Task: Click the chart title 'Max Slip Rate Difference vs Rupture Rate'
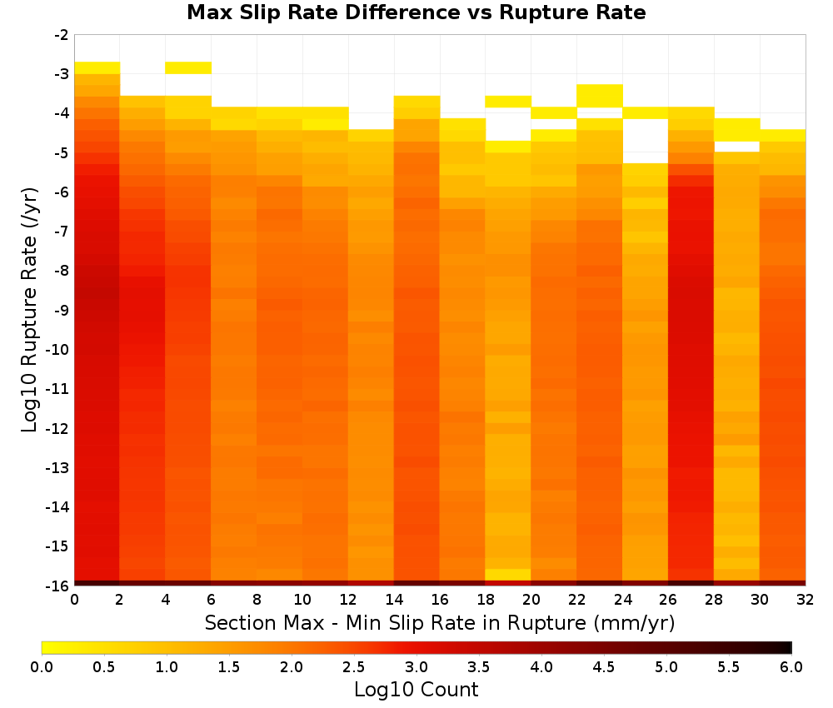pos(416,12)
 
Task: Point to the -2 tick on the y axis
pos(62,35)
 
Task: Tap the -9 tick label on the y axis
pos(62,310)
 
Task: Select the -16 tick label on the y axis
pos(58,586)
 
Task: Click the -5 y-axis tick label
pos(62,153)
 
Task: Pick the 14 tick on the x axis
pos(394,600)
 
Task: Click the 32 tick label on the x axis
pos(805,600)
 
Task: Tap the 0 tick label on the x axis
pos(74,600)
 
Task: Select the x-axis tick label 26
pos(668,600)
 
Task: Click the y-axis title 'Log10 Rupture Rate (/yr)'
pos(29,310)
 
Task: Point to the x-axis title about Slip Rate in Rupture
pos(440,622)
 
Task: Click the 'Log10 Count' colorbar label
pos(416,690)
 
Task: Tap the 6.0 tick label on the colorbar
pos(791,667)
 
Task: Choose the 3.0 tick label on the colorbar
pos(416,667)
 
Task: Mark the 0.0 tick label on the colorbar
pos(42,667)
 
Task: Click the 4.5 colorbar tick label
pos(603,667)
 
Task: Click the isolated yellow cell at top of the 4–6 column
pos(188,68)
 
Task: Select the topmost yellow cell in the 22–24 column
pos(600,96)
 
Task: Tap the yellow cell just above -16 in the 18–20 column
pos(508,575)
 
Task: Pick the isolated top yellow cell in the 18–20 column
pos(508,102)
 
